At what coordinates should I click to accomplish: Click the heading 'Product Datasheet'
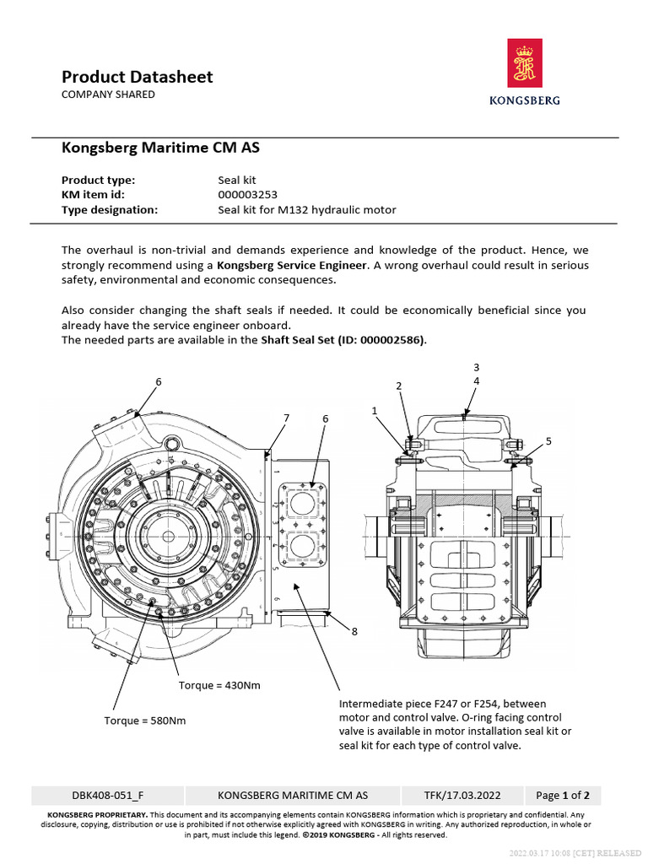(137, 77)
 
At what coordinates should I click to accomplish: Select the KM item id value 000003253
(247, 195)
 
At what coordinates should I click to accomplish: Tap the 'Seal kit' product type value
(236, 180)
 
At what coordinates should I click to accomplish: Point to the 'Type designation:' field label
(110, 210)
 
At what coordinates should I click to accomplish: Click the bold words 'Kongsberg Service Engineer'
(292, 265)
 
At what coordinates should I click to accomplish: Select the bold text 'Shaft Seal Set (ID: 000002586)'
(343, 340)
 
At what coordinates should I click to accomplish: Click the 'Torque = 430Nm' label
(219, 685)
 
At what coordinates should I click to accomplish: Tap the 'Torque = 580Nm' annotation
(144, 721)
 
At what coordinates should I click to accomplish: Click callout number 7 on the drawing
(286, 418)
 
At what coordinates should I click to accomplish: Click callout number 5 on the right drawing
(548, 440)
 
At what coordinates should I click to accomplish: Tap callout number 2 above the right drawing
(398, 386)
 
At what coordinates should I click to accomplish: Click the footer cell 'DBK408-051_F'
(108, 795)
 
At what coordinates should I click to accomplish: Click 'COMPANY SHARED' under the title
(108, 94)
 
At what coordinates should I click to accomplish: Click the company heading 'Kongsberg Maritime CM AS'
(160, 148)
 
